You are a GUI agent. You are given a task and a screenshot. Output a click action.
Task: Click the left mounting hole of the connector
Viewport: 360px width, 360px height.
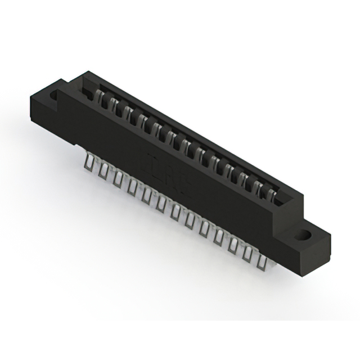tap(54, 96)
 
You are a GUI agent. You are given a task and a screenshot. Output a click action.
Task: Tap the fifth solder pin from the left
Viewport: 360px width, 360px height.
tap(146, 194)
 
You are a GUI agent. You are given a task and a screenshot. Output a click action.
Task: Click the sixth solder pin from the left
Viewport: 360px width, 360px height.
tap(161, 202)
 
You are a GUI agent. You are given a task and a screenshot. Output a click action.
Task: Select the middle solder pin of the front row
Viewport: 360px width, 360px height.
tap(175, 211)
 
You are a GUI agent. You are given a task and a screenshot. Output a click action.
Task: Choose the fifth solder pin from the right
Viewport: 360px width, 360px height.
tap(204, 227)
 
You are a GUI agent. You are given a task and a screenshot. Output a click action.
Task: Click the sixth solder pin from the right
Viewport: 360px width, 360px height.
tap(190, 219)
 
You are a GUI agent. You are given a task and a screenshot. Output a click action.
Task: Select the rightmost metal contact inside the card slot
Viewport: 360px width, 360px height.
tap(272, 194)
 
